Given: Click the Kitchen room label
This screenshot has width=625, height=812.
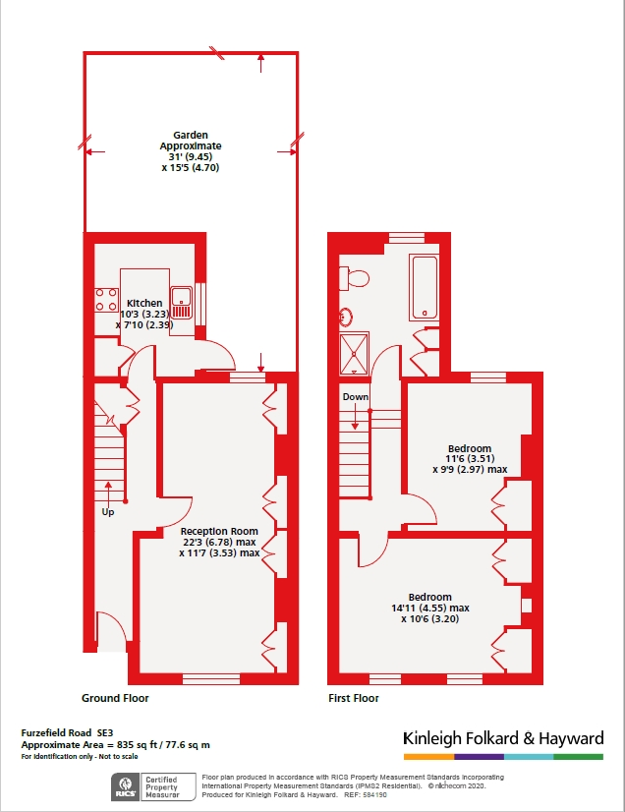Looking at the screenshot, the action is tap(144, 303).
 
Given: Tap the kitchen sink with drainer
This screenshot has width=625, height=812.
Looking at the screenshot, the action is tap(181, 303).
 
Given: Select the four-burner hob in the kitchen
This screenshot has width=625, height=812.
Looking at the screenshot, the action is tap(105, 300).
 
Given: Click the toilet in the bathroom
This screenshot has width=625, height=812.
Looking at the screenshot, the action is tap(354, 278).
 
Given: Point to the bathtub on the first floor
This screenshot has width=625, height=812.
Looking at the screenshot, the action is tap(425, 286).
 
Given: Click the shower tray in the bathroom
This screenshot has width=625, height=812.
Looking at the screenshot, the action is tap(354, 354).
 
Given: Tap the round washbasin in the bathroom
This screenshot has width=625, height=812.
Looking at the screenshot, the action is tap(346, 316).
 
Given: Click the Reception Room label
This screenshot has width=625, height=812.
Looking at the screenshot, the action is tap(219, 531).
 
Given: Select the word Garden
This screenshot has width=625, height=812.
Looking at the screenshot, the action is tap(191, 135).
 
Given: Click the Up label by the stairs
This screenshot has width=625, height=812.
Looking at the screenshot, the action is tap(108, 512).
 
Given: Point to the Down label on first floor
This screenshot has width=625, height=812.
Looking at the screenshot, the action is tap(355, 397).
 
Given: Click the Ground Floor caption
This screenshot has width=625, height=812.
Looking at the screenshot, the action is tap(115, 698).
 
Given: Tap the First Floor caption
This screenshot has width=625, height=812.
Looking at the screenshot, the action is tap(354, 698).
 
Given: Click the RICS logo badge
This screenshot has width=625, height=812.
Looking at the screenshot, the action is tap(126, 786).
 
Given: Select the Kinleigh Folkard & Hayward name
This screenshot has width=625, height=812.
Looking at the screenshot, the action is tap(503, 738).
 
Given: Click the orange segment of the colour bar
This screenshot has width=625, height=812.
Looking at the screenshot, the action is tap(428, 757).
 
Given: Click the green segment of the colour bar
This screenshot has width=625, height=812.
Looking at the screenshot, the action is tap(579, 757).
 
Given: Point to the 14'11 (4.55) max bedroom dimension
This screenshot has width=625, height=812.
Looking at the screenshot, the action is tap(429, 608).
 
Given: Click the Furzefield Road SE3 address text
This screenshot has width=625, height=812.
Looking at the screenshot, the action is tap(67, 732).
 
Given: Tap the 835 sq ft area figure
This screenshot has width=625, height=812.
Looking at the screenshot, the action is tap(141, 745).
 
